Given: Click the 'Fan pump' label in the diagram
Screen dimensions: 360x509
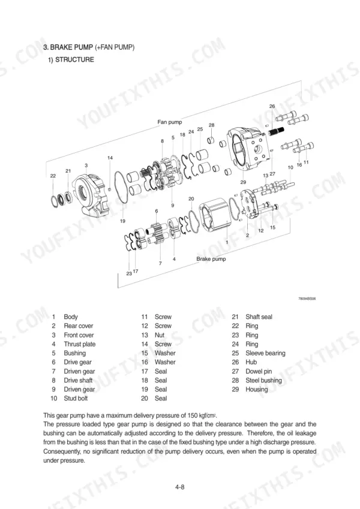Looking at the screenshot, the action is (x=170, y=122).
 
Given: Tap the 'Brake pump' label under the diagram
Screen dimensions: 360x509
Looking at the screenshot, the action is (x=211, y=259).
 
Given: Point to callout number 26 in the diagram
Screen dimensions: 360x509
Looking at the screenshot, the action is (x=272, y=106).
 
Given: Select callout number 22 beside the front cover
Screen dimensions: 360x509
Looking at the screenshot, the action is (x=53, y=176).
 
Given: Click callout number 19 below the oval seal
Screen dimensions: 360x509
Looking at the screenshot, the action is (x=122, y=221).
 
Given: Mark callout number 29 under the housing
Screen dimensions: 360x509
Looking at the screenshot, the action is (x=243, y=182).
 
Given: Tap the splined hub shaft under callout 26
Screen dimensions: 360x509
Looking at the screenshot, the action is (x=277, y=131).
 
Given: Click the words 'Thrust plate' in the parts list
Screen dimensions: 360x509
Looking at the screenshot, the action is (x=80, y=344).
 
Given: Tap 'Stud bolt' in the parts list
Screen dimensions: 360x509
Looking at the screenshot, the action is (x=76, y=398).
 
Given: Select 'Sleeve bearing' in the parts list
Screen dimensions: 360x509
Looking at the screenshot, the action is (x=265, y=353).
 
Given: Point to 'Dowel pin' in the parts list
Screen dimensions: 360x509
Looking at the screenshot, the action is (x=259, y=371).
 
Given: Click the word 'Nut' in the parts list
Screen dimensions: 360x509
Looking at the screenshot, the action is (x=160, y=335).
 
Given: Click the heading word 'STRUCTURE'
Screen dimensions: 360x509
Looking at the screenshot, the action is (x=74, y=60).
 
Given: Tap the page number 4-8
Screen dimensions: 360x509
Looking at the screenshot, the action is (x=179, y=487).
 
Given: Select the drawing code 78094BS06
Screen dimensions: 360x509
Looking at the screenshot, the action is (x=307, y=299).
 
